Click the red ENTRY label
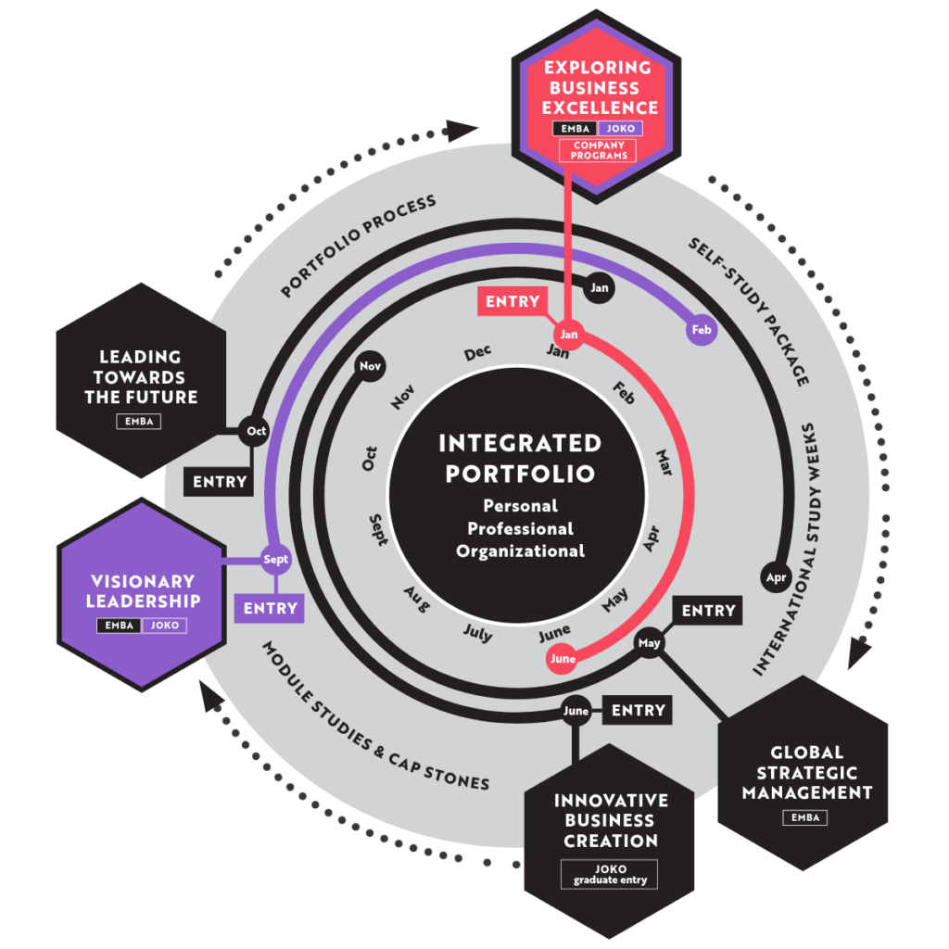[x=512, y=301]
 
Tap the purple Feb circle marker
[x=702, y=330]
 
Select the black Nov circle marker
[x=371, y=366]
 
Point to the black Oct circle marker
[x=254, y=431]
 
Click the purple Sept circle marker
[x=275, y=559]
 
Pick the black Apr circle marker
[x=776, y=577]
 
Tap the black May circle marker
[x=649, y=643]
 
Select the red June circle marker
[x=563, y=659]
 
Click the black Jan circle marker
[x=600, y=288]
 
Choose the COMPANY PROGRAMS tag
[x=598, y=151]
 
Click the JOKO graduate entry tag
[x=610, y=875]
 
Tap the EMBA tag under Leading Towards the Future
[x=139, y=422]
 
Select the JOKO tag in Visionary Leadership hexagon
[x=165, y=626]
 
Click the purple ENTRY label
[x=270, y=608]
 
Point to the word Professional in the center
[x=521, y=529]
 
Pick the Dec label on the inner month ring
[x=477, y=353]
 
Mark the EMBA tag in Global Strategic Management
[x=805, y=817]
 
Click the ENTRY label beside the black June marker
[x=638, y=710]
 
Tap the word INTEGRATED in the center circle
[x=521, y=443]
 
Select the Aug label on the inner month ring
[x=417, y=600]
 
